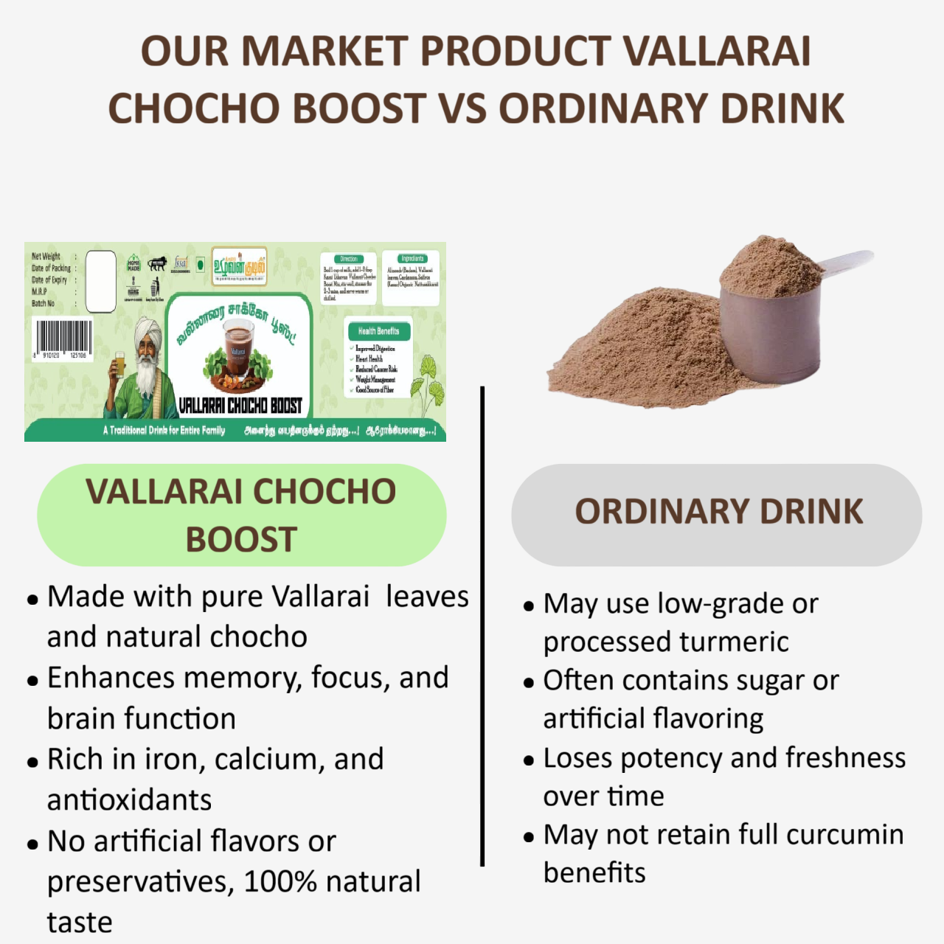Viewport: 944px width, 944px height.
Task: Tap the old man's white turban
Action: [148, 330]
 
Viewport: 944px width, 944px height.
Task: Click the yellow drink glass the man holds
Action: [119, 364]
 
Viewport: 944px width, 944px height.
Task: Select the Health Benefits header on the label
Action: [378, 331]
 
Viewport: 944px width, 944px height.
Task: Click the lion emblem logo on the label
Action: [157, 263]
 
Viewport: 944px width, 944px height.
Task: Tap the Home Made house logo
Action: [133, 263]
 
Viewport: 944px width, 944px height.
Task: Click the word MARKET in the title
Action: [324, 52]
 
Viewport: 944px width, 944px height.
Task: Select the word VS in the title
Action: [463, 108]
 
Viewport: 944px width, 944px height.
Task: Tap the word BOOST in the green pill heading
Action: [241, 540]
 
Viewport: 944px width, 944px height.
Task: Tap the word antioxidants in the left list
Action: [130, 799]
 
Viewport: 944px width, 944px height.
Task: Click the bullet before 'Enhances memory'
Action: [32, 681]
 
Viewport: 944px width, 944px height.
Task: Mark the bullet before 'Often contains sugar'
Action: [528, 683]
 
